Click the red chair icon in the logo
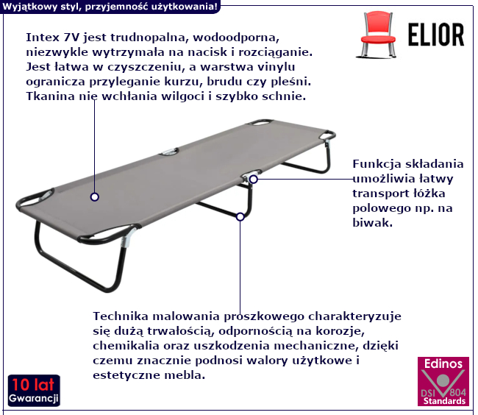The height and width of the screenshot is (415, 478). (x=378, y=35)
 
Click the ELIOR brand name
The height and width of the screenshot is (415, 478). (x=436, y=35)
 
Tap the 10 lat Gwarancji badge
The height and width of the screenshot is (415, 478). (x=34, y=391)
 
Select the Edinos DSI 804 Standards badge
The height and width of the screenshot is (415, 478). (x=443, y=381)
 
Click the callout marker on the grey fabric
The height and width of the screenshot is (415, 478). (x=95, y=197)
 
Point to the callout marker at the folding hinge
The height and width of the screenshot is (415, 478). (x=253, y=180)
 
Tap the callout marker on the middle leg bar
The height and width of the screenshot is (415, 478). (x=240, y=217)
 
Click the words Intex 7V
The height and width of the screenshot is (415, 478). (x=52, y=38)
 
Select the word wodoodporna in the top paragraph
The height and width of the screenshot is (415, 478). (x=236, y=38)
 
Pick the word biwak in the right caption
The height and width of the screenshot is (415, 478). (x=373, y=223)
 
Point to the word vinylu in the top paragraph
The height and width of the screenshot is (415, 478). (x=277, y=67)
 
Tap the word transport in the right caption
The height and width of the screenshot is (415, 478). (x=382, y=194)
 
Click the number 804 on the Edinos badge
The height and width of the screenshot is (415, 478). (x=457, y=392)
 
